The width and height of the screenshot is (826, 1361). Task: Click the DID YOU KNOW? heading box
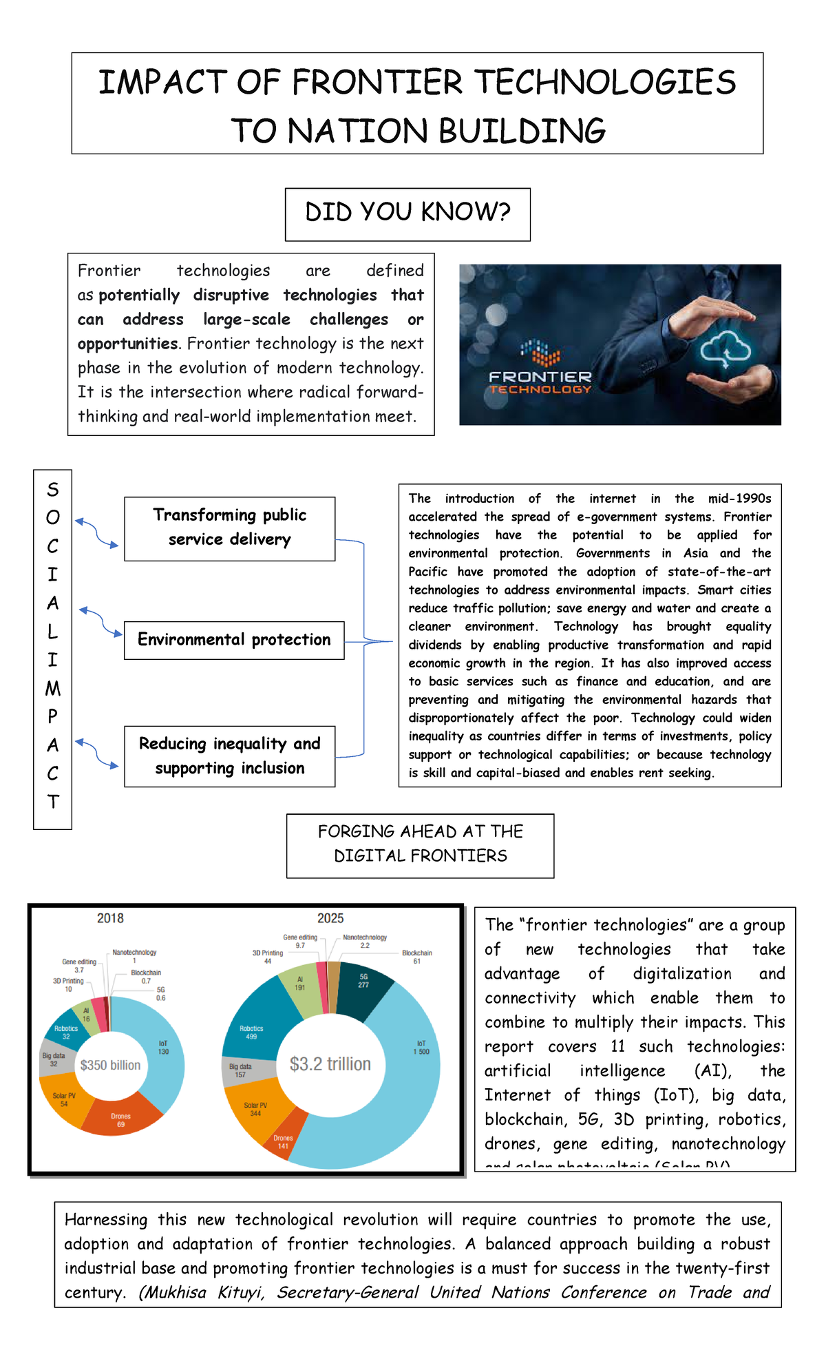[x=407, y=214]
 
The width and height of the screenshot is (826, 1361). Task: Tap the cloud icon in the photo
[x=725, y=351]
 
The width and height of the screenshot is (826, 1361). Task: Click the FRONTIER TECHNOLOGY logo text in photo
[x=540, y=382]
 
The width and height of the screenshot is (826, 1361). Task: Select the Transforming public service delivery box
[x=229, y=528]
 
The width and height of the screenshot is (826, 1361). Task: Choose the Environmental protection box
[x=234, y=640]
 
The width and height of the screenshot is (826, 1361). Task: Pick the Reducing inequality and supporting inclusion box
[x=229, y=756]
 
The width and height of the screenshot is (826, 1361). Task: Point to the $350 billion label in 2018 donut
[x=110, y=1065]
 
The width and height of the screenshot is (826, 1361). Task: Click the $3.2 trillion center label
[x=330, y=1064]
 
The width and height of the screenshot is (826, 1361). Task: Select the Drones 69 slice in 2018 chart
[x=120, y=1119]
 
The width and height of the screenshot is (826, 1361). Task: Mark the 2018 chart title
[x=110, y=918]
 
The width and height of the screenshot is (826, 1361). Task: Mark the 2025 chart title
[x=330, y=918]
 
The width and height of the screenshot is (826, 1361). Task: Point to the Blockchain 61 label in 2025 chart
[x=417, y=957]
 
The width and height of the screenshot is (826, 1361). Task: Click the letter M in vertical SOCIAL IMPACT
[x=53, y=688]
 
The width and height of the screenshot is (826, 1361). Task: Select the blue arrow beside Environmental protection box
[x=100, y=621]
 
